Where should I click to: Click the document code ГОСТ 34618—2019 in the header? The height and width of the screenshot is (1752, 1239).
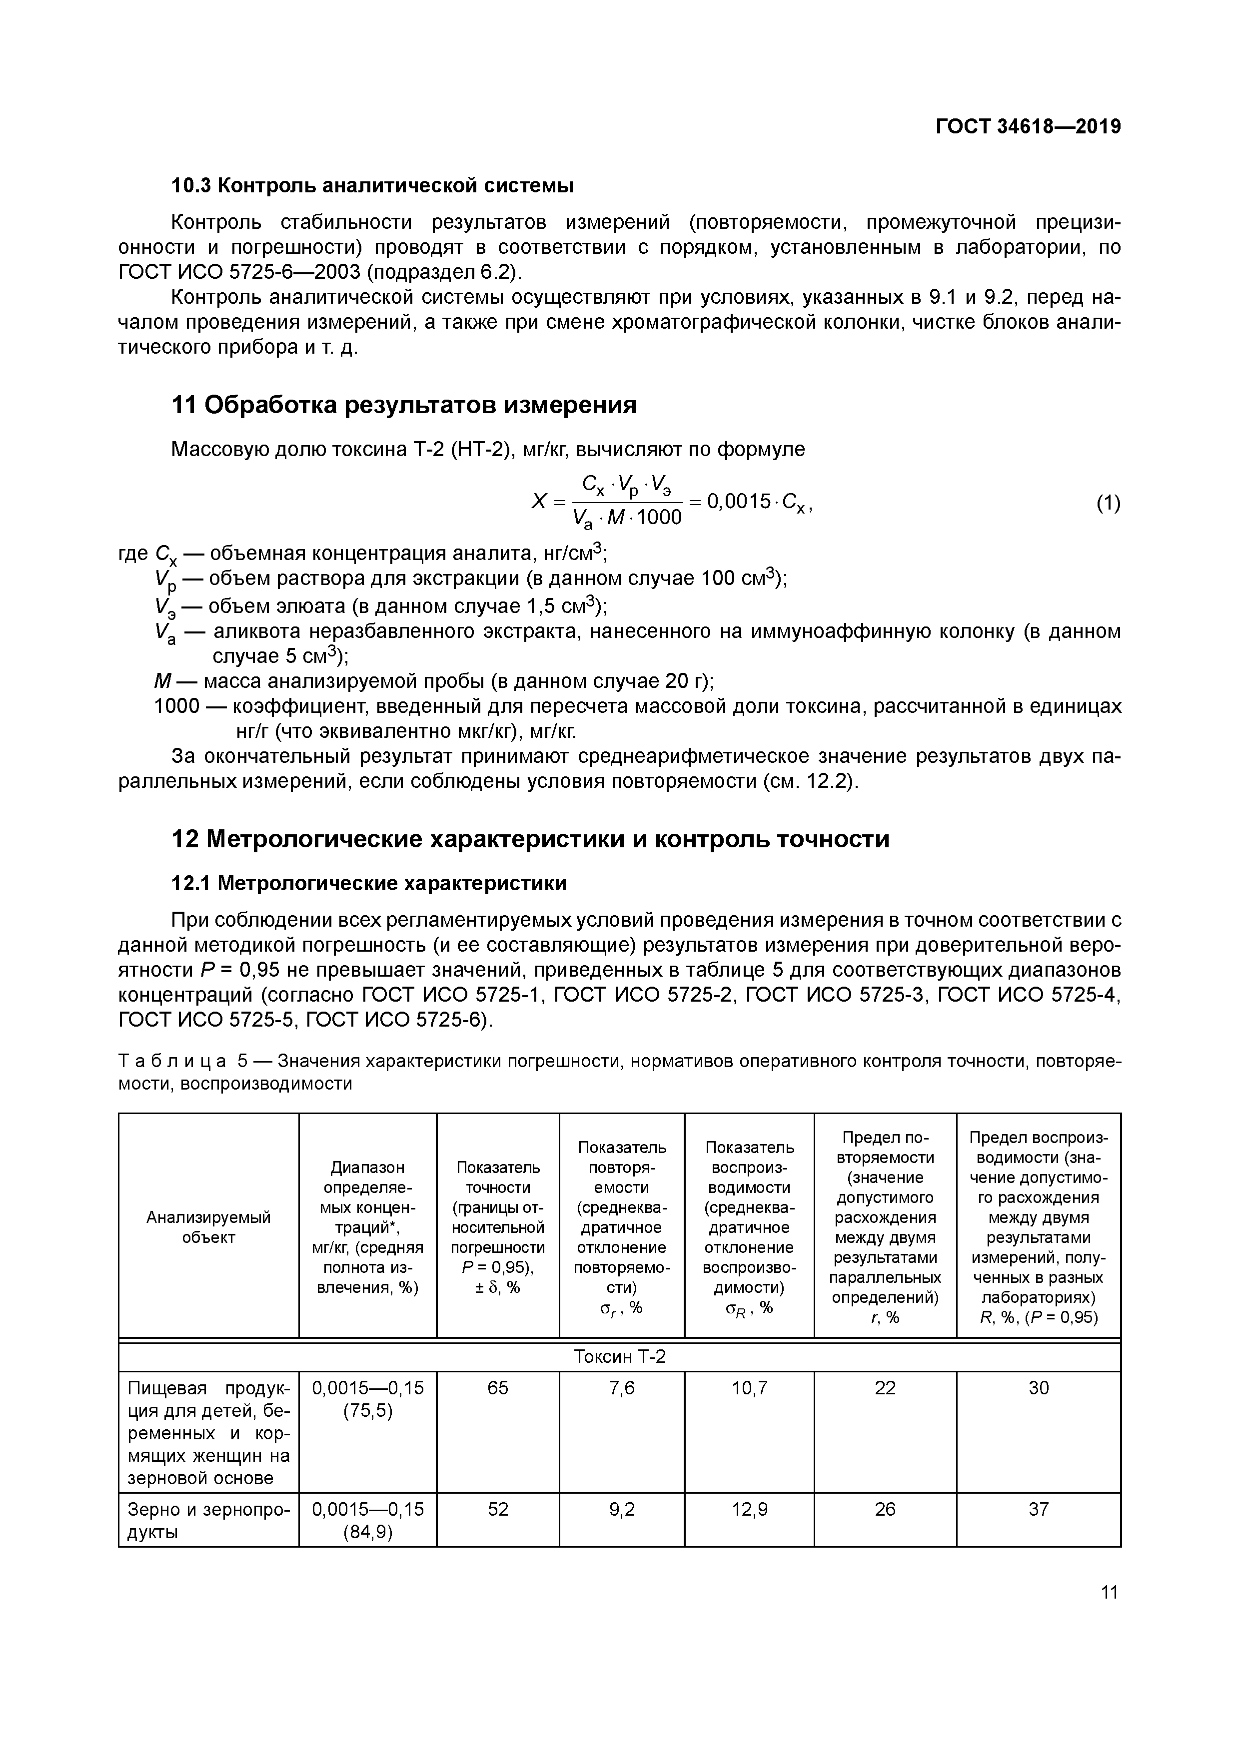coord(1028,127)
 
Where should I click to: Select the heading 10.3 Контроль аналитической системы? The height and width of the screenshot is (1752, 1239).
coord(372,185)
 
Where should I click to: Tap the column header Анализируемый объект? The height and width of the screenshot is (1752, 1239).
coord(208,1227)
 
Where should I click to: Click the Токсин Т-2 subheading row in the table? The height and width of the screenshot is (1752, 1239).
coord(619,1356)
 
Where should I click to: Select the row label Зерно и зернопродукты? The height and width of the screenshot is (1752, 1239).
coord(208,1520)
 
